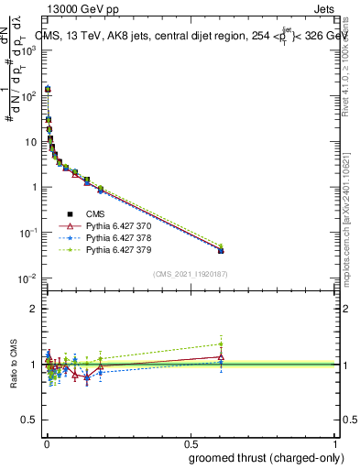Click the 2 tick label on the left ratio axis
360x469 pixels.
pyautogui.click(x=33, y=309)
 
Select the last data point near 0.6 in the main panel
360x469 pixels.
pyautogui.click(x=221, y=249)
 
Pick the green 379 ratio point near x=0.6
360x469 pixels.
pyautogui.click(x=221, y=344)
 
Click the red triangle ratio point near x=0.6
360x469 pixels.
pyautogui.click(x=221, y=357)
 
